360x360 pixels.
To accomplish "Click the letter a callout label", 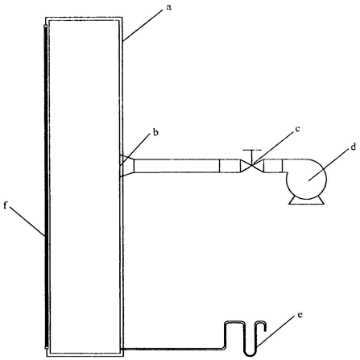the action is click(x=168, y=7).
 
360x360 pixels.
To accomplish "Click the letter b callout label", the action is click(x=155, y=132).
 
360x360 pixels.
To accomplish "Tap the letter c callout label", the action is click(x=297, y=129).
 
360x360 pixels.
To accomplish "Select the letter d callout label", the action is click(x=354, y=147).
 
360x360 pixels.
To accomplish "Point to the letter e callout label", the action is click(x=300, y=315).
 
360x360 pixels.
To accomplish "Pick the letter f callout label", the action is click(x=6, y=205).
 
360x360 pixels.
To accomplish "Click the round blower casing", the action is click(x=306, y=179).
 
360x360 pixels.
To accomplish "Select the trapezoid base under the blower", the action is click(x=306, y=201).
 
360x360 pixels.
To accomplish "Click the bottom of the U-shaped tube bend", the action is click(x=250, y=354).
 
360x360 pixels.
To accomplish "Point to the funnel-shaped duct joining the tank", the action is click(x=126, y=166).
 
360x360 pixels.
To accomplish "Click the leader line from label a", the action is click(x=143, y=25).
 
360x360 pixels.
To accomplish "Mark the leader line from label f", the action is click(x=27, y=222).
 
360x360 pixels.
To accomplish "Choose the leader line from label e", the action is click(x=276, y=332).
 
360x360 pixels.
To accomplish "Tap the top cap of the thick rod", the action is click(x=46, y=27).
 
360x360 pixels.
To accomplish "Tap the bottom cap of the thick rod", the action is click(x=46, y=347).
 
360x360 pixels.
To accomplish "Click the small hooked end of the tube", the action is click(x=261, y=324).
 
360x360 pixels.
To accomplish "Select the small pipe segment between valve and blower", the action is click(x=273, y=166).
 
